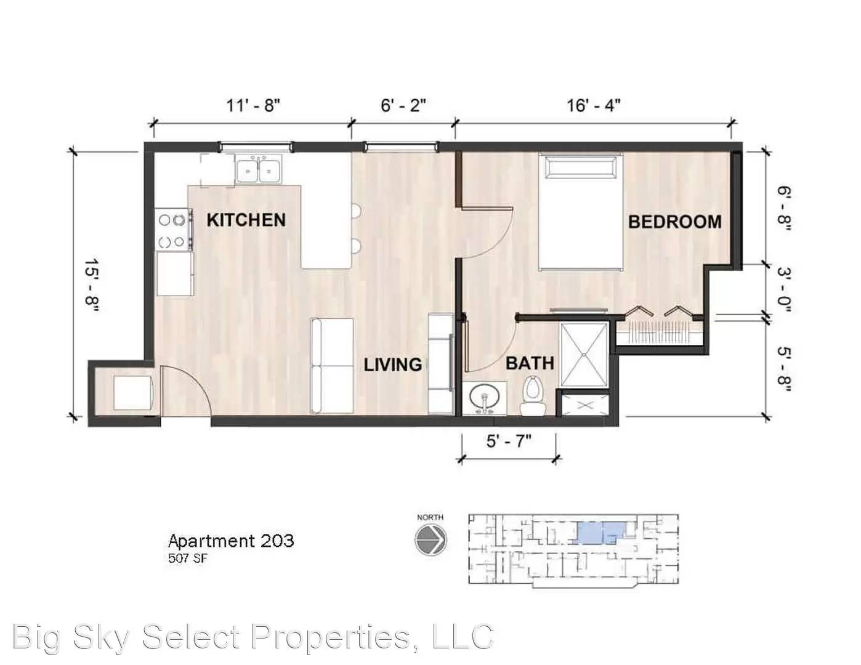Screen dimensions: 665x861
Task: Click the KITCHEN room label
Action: (246, 220)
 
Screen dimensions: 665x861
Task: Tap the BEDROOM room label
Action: (674, 222)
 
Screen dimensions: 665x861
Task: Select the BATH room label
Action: (530, 363)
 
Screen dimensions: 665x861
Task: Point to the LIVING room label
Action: (392, 365)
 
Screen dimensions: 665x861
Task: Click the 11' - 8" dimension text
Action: (253, 105)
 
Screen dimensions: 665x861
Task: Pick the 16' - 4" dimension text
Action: (593, 105)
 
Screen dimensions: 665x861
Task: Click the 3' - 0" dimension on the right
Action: (783, 289)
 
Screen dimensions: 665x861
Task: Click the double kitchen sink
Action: (258, 169)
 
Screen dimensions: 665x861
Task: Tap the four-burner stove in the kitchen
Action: (172, 230)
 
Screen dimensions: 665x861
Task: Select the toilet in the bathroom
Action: (532, 395)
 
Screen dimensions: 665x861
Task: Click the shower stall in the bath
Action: (584, 354)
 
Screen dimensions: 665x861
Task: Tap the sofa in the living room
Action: (333, 366)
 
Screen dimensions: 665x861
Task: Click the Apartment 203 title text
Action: (231, 541)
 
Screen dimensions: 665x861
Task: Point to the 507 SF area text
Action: (188, 559)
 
